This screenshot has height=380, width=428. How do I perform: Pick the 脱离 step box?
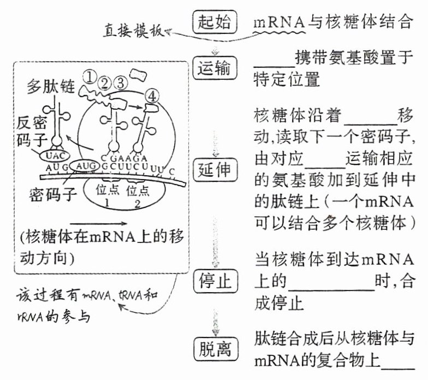coord(214,348)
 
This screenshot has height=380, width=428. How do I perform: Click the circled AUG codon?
coord(87,165)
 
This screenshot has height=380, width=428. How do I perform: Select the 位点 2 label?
coord(136,195)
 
